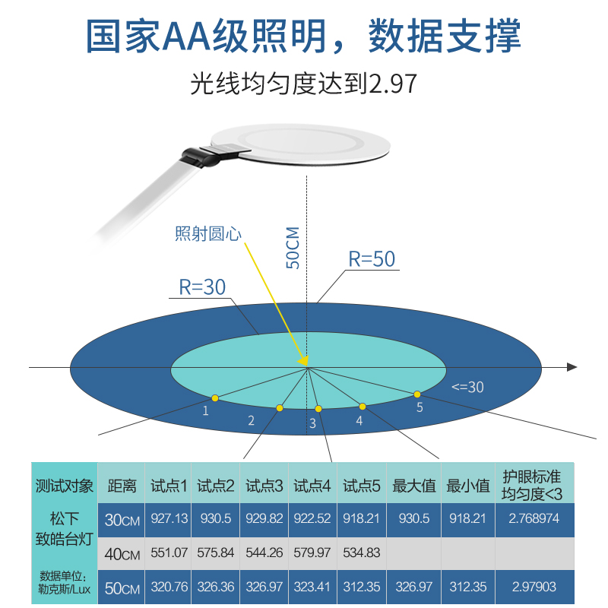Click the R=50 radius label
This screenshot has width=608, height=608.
[x=372, y=258]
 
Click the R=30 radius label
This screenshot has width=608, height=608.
[x=202, y=287]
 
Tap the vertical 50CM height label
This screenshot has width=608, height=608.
[x=293, y=248]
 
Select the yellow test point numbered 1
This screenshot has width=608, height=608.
[x=215, y=397]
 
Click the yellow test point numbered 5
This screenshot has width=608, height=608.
[x=417, y=394]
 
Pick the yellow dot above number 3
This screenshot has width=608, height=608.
[x=318, y=409]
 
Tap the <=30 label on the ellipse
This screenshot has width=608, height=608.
[x=467, y=387]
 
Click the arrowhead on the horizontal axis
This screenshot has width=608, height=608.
[x=572, y=368]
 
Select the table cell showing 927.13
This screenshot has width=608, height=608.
[x=169, y=520]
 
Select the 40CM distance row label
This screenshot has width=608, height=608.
[x=122, y=554]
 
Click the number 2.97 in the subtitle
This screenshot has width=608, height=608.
[x=392, y=84]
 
